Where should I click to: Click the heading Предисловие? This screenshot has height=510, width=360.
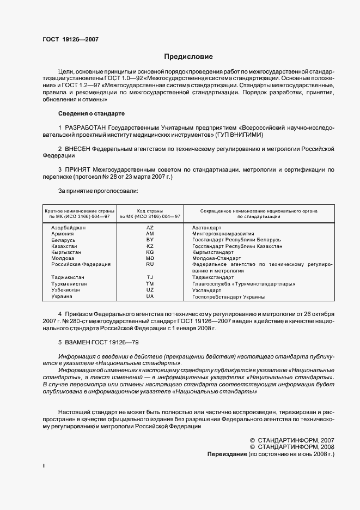[x=188, y=56]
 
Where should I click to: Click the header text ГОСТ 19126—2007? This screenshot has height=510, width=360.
[x=70, y=39]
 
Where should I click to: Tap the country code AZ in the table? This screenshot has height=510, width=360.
[x=150, y=227]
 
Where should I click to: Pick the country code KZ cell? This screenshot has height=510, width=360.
[x=150, y=246]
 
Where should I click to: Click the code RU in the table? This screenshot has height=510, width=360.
[x=150, y=264]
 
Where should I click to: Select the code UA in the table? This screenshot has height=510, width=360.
[x=150, y=297]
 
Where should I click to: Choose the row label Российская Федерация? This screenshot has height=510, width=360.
[x=81, y=264]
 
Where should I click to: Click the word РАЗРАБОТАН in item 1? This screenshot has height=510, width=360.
[x=84, y=127]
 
